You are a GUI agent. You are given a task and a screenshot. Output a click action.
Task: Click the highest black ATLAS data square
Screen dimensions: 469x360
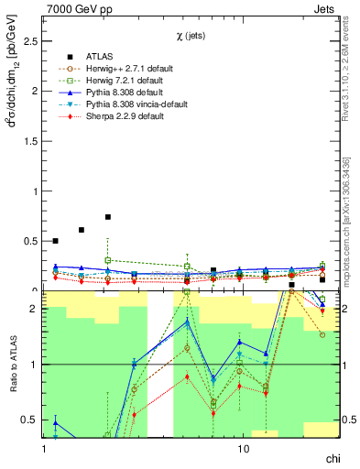(x=108, y=217)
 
